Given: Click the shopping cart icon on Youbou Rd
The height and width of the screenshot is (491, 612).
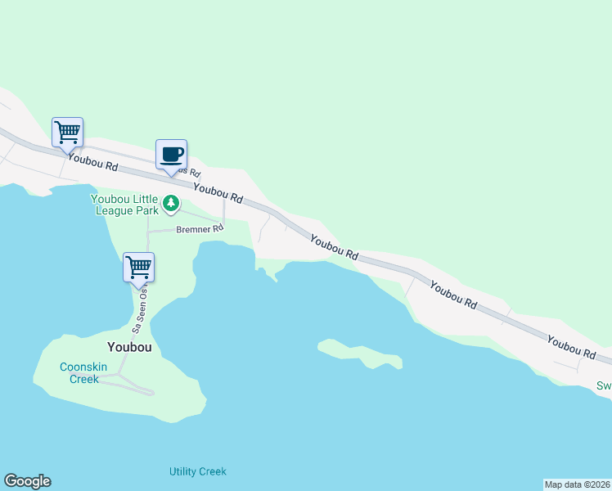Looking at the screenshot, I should [68, 132].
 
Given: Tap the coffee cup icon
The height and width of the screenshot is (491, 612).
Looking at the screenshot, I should [171, 155].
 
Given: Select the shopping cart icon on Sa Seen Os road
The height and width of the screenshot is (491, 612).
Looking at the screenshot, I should [138, 267].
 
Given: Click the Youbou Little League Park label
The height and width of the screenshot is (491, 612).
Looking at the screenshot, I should [124, 203].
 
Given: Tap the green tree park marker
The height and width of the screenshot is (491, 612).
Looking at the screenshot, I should [171, 202].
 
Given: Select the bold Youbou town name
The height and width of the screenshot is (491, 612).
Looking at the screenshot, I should [129, 346].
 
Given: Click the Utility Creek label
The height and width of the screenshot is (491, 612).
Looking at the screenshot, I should [197, 471].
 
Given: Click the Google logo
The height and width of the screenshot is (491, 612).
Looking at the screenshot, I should [27, 481].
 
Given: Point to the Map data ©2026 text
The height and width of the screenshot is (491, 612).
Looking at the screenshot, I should [577, 484].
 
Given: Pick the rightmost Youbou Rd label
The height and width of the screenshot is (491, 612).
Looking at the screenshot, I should [571, 347].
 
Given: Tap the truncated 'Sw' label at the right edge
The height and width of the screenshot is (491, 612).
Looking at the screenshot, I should [604, 385].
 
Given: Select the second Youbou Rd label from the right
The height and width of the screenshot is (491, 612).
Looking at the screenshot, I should [453, 295].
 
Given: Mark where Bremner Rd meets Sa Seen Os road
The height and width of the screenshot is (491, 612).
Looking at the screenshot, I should [148, 232].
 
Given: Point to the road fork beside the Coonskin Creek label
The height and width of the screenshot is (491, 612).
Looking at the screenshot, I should [119, 375].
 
